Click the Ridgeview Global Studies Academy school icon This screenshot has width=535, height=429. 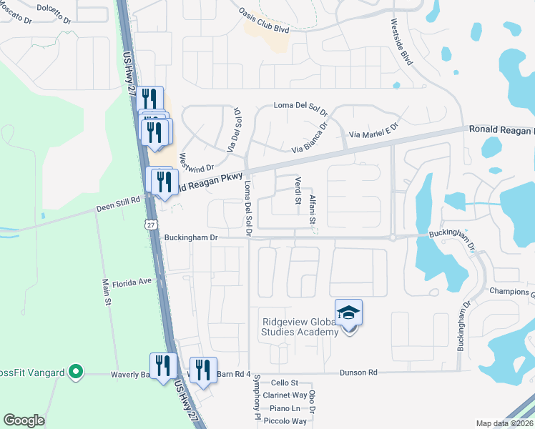pos(348,313)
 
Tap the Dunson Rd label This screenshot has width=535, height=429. pos(358,373)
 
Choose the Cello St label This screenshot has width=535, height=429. pos(284,383)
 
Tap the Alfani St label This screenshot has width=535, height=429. pos(313,209)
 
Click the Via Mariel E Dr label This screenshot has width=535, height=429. pos(373,134)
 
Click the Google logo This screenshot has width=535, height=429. pos(24,420)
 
